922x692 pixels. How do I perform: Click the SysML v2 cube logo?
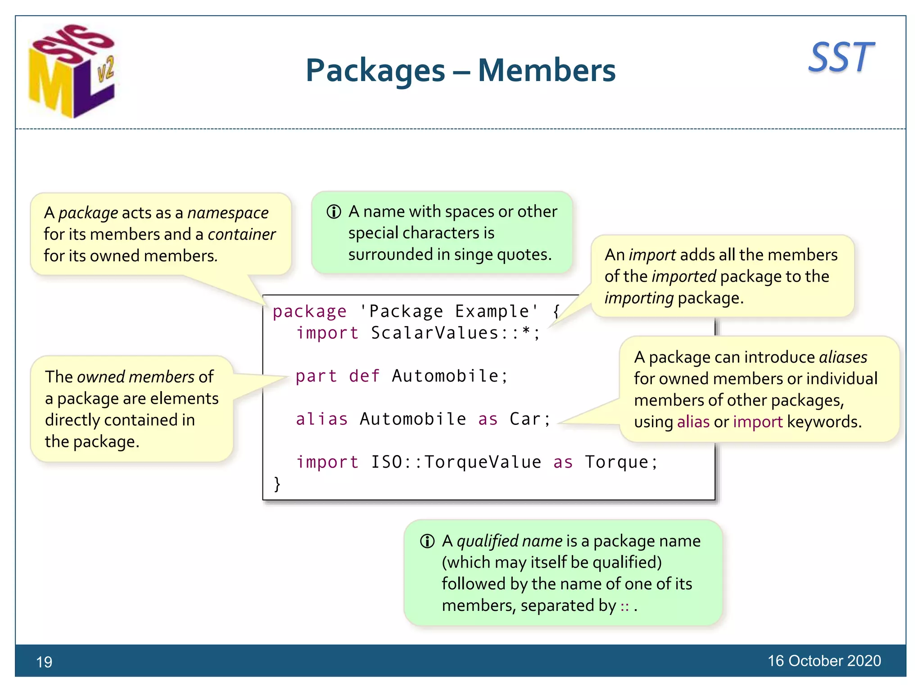point(72,72)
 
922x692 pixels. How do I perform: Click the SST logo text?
point(841,57)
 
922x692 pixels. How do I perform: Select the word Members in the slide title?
point(547,71)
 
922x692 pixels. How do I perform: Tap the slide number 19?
point(44,662)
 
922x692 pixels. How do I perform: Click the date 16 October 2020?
point(824,660)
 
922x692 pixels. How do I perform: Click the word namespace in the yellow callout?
point(228,213)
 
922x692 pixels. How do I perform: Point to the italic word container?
point(241,234)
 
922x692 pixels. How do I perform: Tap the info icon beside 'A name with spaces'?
point(334,212)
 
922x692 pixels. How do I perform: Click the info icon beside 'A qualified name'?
point(427,541)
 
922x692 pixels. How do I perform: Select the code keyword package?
point(310,311)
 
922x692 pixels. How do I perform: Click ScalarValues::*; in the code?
point(455,333)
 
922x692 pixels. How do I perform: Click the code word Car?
point(530,419)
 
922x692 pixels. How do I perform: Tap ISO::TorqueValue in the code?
point(456,462)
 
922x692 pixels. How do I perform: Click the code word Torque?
point(621,462)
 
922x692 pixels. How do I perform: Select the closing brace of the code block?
point(277,484)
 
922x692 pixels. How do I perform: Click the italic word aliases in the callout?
point(843,357)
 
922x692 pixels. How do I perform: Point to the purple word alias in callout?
point(693,422)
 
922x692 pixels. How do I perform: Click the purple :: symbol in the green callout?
point(624,606)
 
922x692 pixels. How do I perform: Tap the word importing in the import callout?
point(639,298)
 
